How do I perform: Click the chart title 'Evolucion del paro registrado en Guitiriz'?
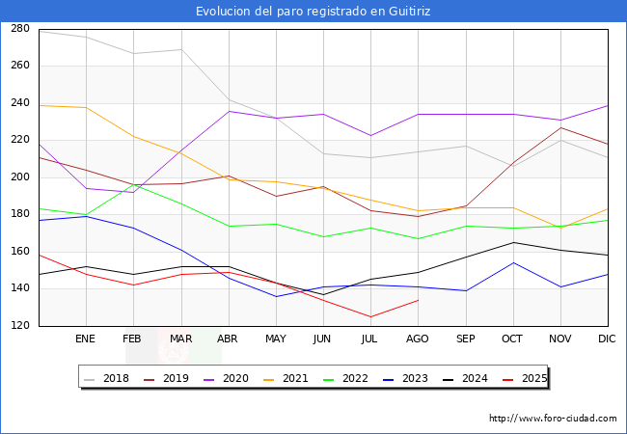(313, 11)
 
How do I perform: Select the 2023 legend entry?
(406, 378)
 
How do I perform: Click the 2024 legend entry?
(465, 378)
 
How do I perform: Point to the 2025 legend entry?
(524, 378)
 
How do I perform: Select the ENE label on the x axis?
(86, 339)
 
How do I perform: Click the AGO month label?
(418, 339)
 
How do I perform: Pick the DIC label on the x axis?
(607, 339)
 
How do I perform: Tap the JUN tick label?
(323, 339)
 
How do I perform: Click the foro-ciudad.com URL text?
(553, 419)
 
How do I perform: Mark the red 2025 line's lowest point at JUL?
(370, 316)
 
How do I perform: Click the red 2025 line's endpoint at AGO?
(418, 300)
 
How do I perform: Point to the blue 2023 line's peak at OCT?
(512, 262)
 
